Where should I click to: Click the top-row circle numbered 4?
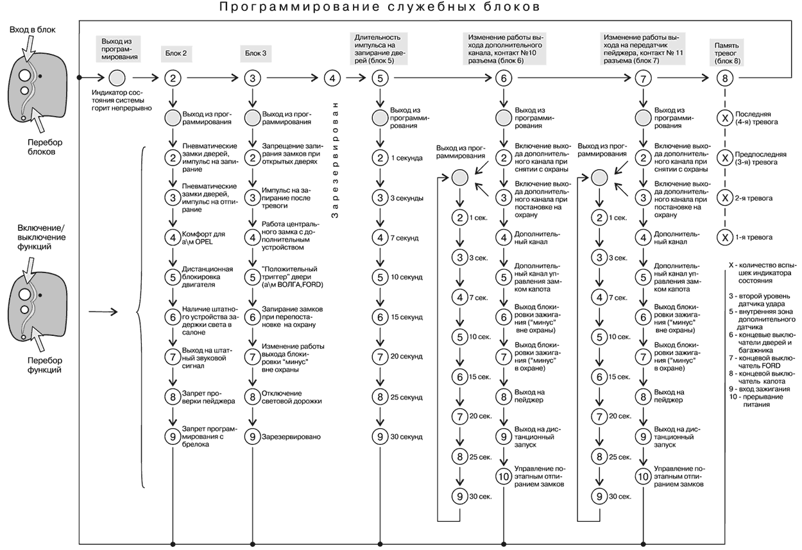331,78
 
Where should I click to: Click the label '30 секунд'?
407,437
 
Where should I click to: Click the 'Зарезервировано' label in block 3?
291,437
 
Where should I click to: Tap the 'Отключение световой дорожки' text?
292,397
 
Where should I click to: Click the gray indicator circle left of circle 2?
117,78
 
